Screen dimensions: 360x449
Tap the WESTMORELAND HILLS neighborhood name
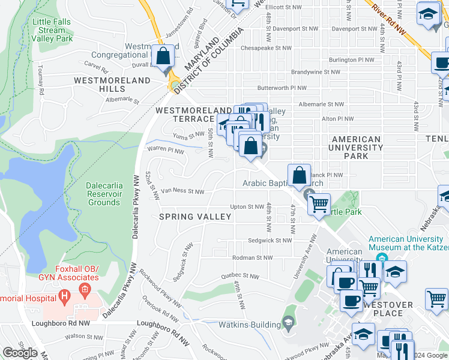tap(112, 84)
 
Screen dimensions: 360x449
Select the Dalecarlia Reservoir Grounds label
tap(104, 194)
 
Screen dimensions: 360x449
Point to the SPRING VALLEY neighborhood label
tap(195, 217)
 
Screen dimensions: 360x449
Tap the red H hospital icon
tap(63, 296)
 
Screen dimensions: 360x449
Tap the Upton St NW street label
tap(247, 206)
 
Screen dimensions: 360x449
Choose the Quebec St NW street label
tap(239, 277)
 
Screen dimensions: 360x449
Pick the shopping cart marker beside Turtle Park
tap(319, 204)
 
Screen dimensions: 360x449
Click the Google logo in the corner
tap(20, 353)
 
